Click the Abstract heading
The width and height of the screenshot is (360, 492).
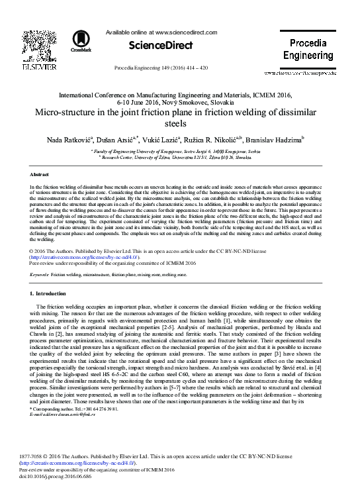click(x=41, y=173)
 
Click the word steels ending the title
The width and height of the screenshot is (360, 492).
click(x=179, y=123)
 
